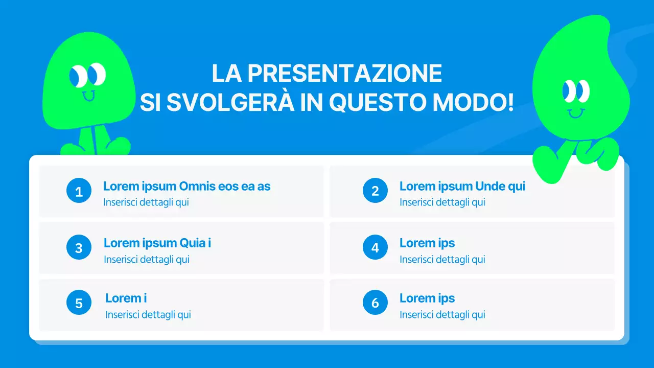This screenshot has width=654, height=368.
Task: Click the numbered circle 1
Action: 79,191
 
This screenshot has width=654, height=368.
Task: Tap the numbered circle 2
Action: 375,191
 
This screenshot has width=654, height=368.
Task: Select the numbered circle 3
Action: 79,248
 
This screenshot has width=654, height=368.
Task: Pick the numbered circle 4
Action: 375,248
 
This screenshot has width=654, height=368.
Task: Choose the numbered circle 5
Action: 79,303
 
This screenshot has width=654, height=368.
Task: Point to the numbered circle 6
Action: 375,303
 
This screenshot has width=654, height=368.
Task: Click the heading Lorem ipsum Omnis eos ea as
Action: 186,187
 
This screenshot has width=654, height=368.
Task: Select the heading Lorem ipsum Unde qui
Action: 462,187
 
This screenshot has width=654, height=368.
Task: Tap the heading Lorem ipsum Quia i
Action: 157,243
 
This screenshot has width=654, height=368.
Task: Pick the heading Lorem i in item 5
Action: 126,298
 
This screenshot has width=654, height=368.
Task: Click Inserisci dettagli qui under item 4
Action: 442,260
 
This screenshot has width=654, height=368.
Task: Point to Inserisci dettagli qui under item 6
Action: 442,315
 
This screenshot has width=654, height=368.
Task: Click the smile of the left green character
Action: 88,96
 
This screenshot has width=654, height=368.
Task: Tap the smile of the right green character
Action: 576,112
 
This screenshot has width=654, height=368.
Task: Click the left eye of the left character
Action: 78,76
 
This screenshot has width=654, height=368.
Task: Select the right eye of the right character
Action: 582,91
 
